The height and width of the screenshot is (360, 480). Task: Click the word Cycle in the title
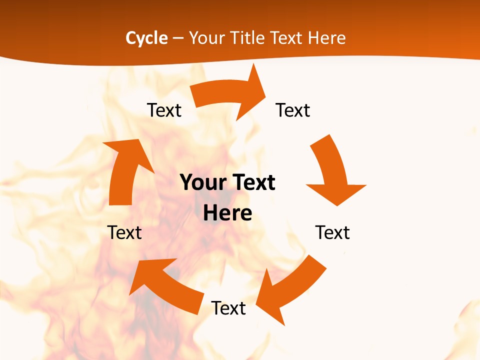tap(146, 38)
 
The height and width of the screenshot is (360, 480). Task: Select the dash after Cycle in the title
tap(178, 38)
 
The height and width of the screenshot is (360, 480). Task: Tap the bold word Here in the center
tap(227, 213)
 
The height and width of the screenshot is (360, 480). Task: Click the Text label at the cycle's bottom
tap(228, 308)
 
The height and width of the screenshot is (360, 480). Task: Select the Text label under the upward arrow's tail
tap(124, 232)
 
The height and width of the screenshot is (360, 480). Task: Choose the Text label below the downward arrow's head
tap(332, 232)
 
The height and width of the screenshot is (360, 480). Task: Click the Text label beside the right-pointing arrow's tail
tap(164, 110)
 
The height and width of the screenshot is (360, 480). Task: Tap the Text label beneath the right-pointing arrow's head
tap(293, 110)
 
